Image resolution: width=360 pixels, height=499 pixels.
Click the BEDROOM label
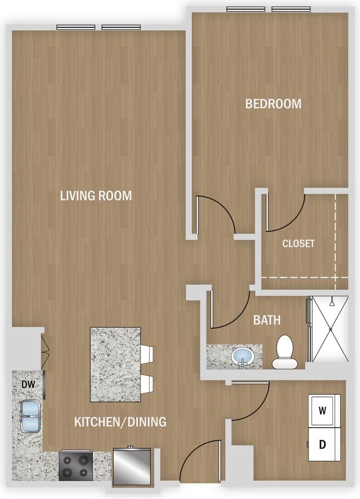pyautogui.click(x=273, y=104)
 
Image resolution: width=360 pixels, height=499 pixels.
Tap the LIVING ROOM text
pyautogui.click(x=96, y=195)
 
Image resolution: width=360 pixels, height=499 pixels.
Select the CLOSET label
pyautogui.click(x=299, y=243)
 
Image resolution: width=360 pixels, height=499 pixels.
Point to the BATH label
pyautogui.click(x=267, y=320)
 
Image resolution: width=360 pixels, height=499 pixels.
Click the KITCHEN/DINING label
pyautogui.click(x=120, y=422)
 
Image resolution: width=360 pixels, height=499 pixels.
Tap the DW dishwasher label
pyautogui.click(x=29, y=384)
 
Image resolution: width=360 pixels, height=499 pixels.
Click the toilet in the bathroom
pyautogui.click(x=285, y=352)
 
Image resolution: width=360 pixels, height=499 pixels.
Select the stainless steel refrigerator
pyautogui.click(x=132, y=467)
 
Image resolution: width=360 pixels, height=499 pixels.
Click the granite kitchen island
pyautogui.click(x=115, y=365)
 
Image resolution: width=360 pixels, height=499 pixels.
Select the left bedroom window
pyautogui.click(x=246, y=9)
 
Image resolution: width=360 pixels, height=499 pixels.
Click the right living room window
pyautogui.click(x=121, y=28)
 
